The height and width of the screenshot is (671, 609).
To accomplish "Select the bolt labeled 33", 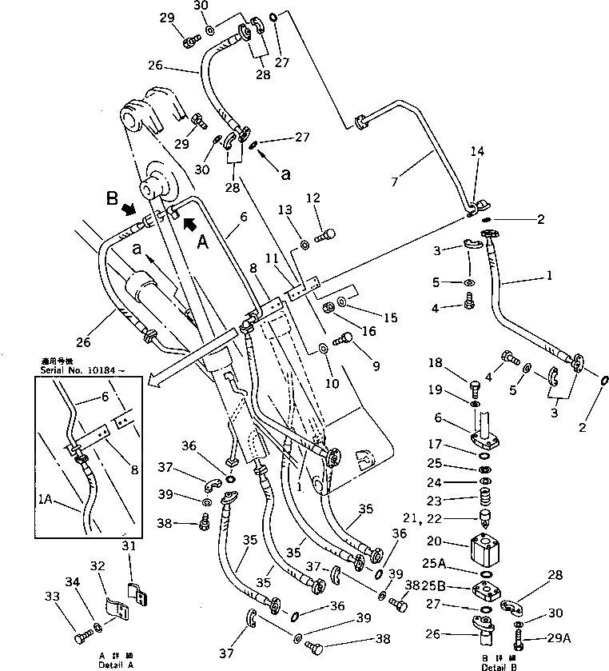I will click(x=82, y=638).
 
